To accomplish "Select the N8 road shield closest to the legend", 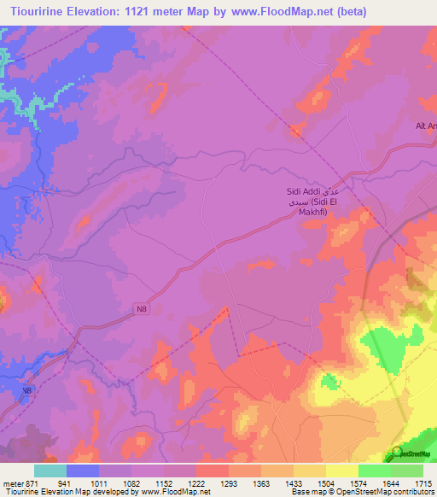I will (27, 390).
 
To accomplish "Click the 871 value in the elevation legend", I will (32, 482).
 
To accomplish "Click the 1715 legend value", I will (424, 482).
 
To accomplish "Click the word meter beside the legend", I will (11, 482).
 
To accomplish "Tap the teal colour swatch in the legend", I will (50, 470).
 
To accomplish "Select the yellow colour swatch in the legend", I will (341, 470).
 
